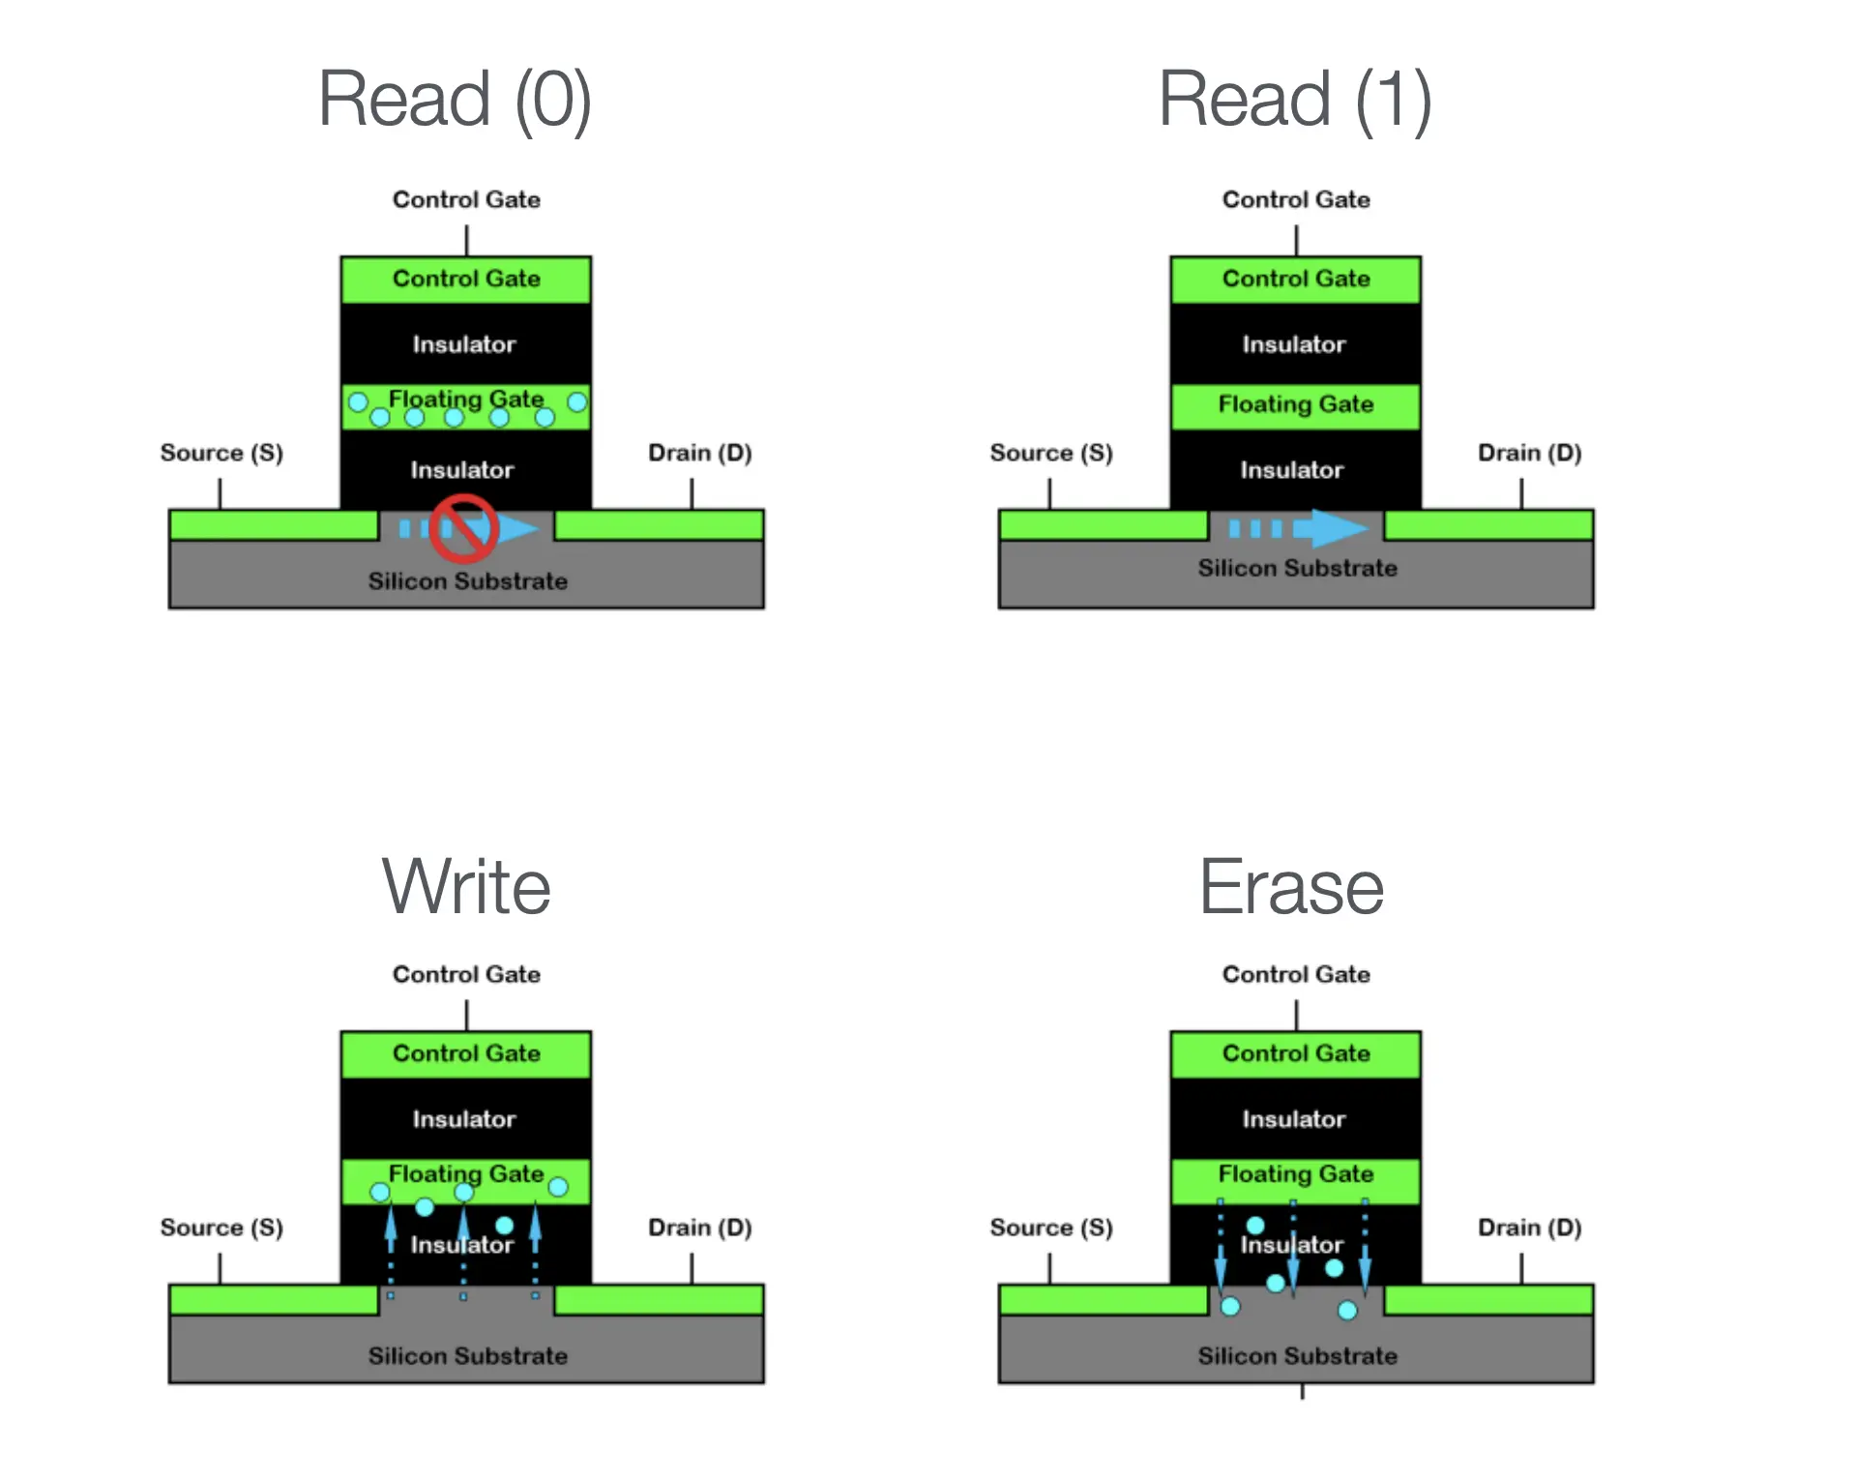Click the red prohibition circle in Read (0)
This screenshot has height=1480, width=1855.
(463, 528)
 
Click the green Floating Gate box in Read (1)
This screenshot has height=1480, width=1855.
(1295, 405)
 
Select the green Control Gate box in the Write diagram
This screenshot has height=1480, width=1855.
(466, 1053)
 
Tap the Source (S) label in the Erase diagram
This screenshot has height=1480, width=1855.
(1051, 1228)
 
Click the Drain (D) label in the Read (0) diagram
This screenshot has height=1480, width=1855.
(699, 453)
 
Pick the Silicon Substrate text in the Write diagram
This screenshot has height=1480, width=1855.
(467, 1355)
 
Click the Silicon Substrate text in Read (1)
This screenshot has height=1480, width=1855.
(1297, 568)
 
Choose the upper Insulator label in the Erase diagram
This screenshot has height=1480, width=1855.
(1294, 1119)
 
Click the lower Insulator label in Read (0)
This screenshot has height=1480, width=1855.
(462, 470)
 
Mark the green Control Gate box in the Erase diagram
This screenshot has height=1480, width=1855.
(1295, 1053)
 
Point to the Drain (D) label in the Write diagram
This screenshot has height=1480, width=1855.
(699, 1228)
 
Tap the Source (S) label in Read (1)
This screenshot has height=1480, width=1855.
(1051, 453)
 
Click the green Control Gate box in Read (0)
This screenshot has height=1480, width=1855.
(466, 279)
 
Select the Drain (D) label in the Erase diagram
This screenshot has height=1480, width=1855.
(1529, 1228)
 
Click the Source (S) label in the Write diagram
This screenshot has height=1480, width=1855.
(221, 1228)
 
